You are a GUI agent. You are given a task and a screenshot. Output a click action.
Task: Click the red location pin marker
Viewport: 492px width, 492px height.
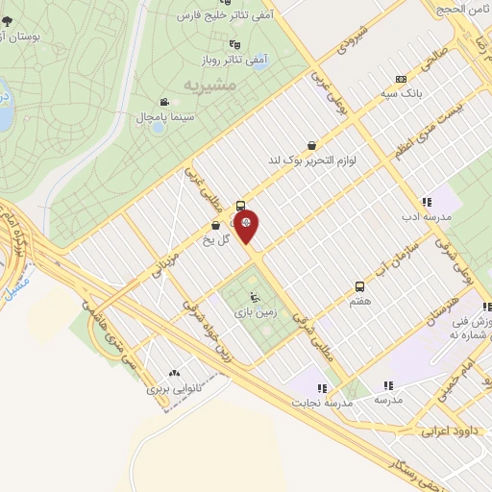tap(248, 227)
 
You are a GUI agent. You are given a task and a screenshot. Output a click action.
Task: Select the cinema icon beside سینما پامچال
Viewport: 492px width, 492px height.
tap(164, 102)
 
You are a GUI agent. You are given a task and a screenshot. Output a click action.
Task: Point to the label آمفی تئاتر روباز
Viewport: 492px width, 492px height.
tap(233, 59)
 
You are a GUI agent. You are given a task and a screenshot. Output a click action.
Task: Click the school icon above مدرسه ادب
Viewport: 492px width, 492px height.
tap(425, 202)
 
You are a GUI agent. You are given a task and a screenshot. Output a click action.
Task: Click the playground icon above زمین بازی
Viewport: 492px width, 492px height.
tap(254, 296)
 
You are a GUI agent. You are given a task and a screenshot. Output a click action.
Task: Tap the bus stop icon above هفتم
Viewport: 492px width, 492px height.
tap(360, 286)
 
